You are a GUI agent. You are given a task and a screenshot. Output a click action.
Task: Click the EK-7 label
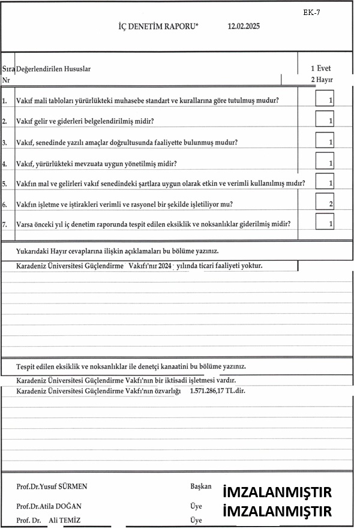(x=312, y=12)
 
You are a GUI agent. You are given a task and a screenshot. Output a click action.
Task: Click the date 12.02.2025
(x=244, y=26)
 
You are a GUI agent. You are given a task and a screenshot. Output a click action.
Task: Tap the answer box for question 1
(x=325, y=99)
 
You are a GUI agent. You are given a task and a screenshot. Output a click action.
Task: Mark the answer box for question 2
(x=325, y=120)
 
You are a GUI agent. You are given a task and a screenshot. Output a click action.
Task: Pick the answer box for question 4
(x=325, y=162)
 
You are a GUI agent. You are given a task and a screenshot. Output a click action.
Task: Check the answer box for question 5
(x=325, y=182)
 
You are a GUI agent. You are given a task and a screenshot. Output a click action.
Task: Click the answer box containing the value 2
(x=325, y=203)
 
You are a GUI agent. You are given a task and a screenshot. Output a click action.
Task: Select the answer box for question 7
(x=325, y=223)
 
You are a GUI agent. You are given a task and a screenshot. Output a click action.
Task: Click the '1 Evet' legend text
(x=321, y=68)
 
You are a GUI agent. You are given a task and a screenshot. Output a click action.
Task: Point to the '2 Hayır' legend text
(x=322, y=79)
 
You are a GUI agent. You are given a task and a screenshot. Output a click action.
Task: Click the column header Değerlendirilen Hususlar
(x=53, y=69)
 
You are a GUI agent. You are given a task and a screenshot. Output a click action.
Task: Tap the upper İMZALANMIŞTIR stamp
(x=277, y=493)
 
